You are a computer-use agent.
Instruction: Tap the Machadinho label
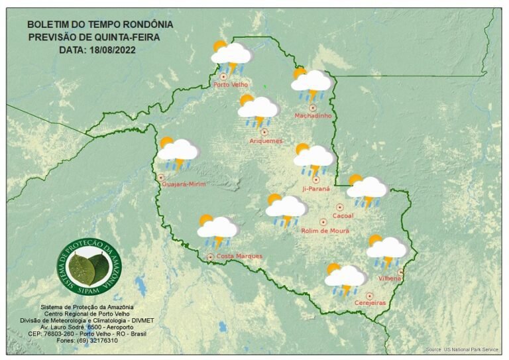313,116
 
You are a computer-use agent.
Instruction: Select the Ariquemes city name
266,141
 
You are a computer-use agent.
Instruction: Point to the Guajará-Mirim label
185,184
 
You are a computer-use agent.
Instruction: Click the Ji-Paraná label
315,189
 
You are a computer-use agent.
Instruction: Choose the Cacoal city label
343,216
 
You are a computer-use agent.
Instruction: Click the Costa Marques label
239,256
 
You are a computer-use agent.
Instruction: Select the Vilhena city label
390,278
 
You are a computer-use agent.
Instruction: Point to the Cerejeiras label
370,302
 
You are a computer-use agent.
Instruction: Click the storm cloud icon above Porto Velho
230,56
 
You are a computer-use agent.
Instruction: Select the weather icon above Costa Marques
217,229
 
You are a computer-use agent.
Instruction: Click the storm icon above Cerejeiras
344,278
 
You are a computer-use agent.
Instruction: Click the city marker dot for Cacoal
340,208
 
